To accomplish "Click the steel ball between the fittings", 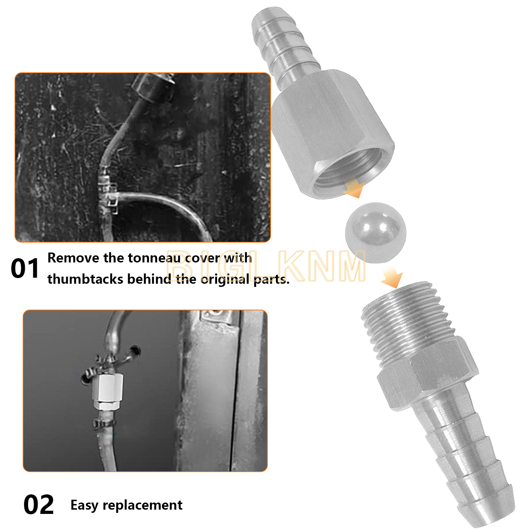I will point(376,232).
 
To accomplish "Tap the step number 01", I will point(25,268).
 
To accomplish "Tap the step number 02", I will point(39,505).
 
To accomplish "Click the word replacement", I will point(143,505).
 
